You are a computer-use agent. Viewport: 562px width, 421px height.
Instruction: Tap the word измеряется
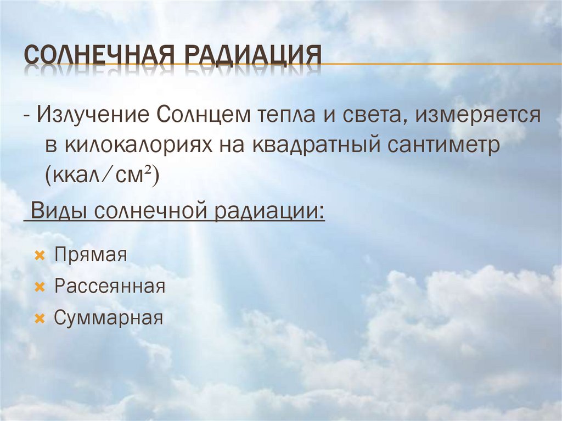tap(478, 117)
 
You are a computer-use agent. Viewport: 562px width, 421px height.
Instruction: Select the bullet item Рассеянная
tap(110, 287)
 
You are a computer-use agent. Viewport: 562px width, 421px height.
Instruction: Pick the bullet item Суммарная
tap(109, 318)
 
